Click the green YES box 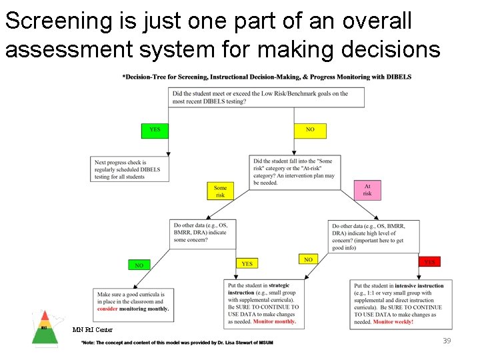click(x=155, y=130)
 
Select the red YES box click(x=429, y=261)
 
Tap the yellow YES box click(x=247, y=263)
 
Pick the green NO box click(x=139, y=265)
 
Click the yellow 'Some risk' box click(x=220, y=191)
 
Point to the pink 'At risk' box click(x=367, y=190)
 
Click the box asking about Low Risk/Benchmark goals click(x=266, y=97)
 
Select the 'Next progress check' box click(x=129, y=169)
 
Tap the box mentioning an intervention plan click(x=294, y=171)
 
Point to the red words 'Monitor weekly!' click(x=393, y=322)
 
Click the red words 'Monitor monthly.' click(x=274, y=322)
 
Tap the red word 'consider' click(x=107, y=309)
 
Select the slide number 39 click(x=447, y=341)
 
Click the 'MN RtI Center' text click(x=93, y=329)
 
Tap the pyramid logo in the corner click(x=45, y=329)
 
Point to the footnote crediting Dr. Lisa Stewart click(x=177, y=342)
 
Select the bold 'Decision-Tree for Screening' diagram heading click(x=267, y=77)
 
